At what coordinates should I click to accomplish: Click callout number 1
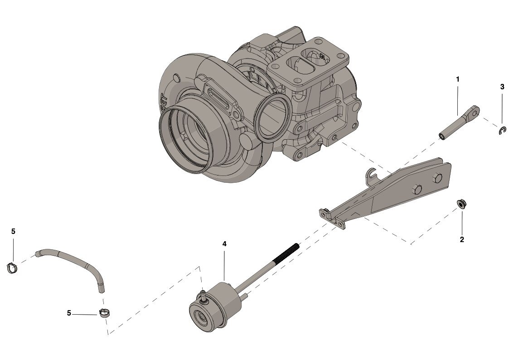458,79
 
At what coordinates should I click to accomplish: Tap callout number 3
503,87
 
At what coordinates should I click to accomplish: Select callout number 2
462,239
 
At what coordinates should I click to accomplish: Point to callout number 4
224,244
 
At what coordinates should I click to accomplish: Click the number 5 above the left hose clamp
13,231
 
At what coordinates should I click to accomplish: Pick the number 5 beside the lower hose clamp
69,313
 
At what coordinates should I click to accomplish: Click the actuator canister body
216,307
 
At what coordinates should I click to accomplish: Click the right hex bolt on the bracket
437,178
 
